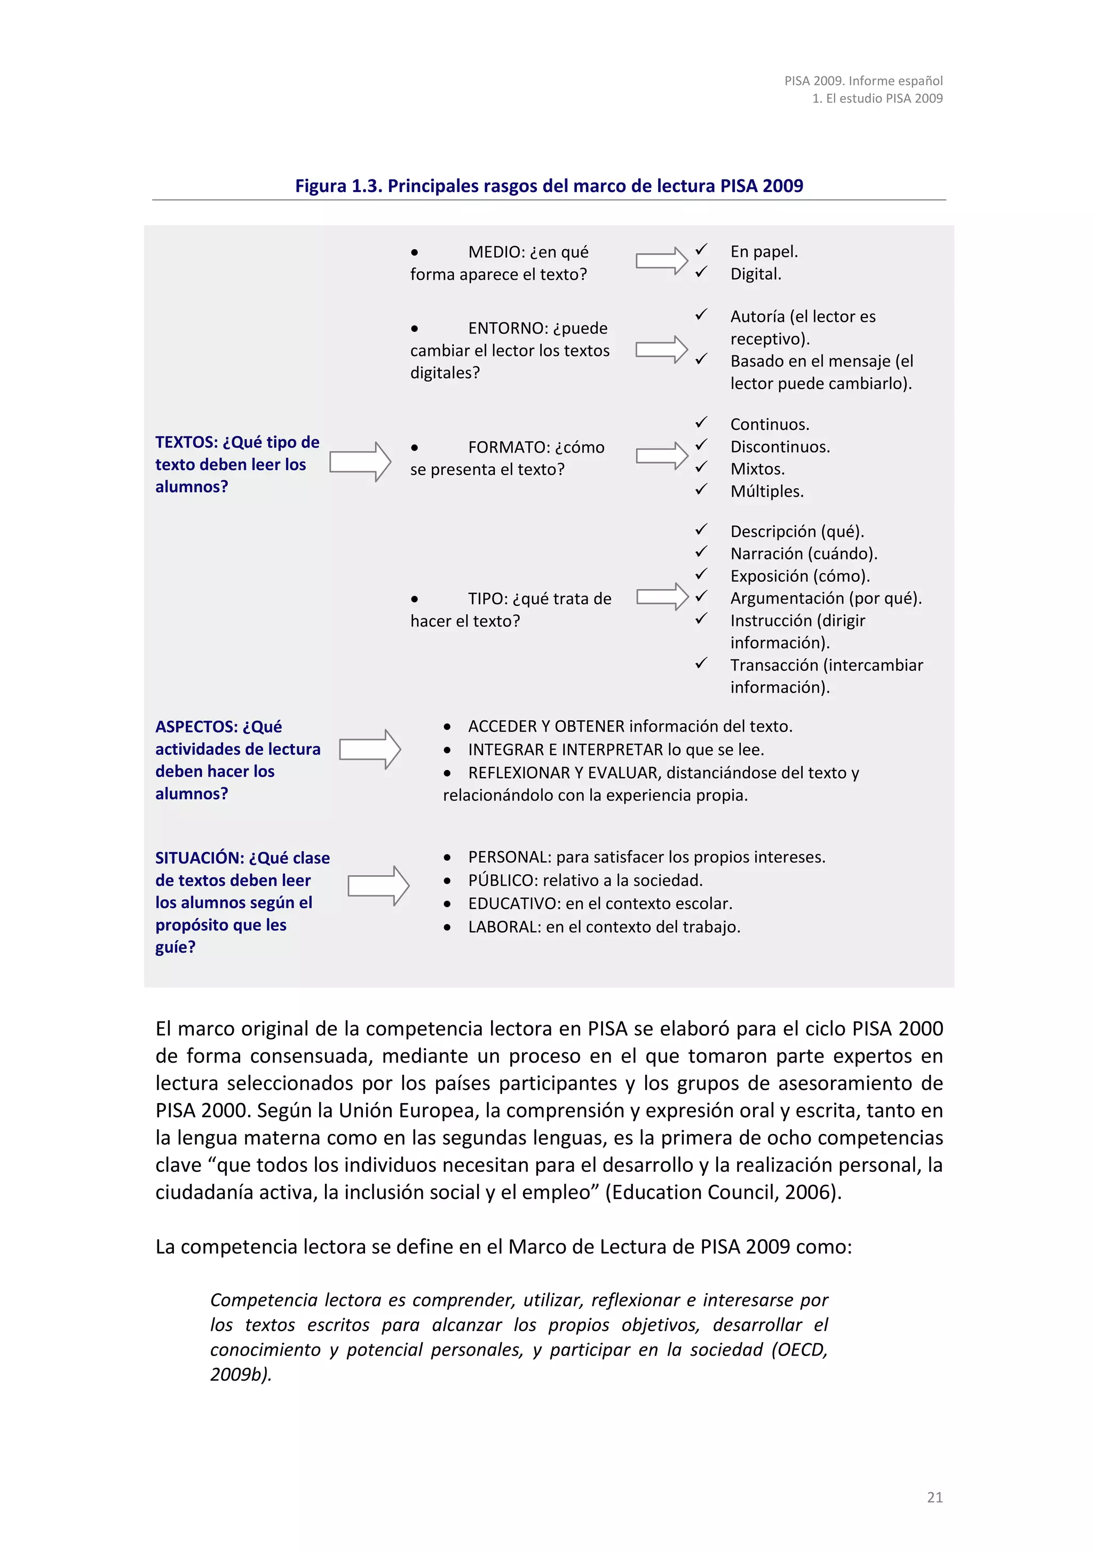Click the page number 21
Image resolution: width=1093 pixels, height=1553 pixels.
click(x=934, y=1497)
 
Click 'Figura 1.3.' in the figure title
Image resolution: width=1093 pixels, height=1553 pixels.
click(x=339, y=186)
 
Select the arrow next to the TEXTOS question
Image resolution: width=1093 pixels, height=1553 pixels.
click(x=360, y=462)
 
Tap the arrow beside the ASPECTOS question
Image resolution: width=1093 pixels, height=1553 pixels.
click(x=369, y=749)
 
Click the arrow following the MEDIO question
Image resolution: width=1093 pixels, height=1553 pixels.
click(x=661, y=261)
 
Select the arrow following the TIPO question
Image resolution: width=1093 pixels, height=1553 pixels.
click(x=661, y=597)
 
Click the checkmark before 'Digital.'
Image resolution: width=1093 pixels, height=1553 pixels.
click(x=701, y=272)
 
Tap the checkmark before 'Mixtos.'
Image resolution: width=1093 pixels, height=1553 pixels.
click(x=701, y=467)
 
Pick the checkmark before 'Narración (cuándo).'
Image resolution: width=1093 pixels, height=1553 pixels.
click(x=701, y=552)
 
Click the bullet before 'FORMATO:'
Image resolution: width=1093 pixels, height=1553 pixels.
click(x=414, y=448)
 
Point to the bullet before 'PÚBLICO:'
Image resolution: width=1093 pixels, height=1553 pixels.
click(x=447, y=881)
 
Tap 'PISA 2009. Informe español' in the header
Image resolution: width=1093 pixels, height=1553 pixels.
click(x=863, y=81)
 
